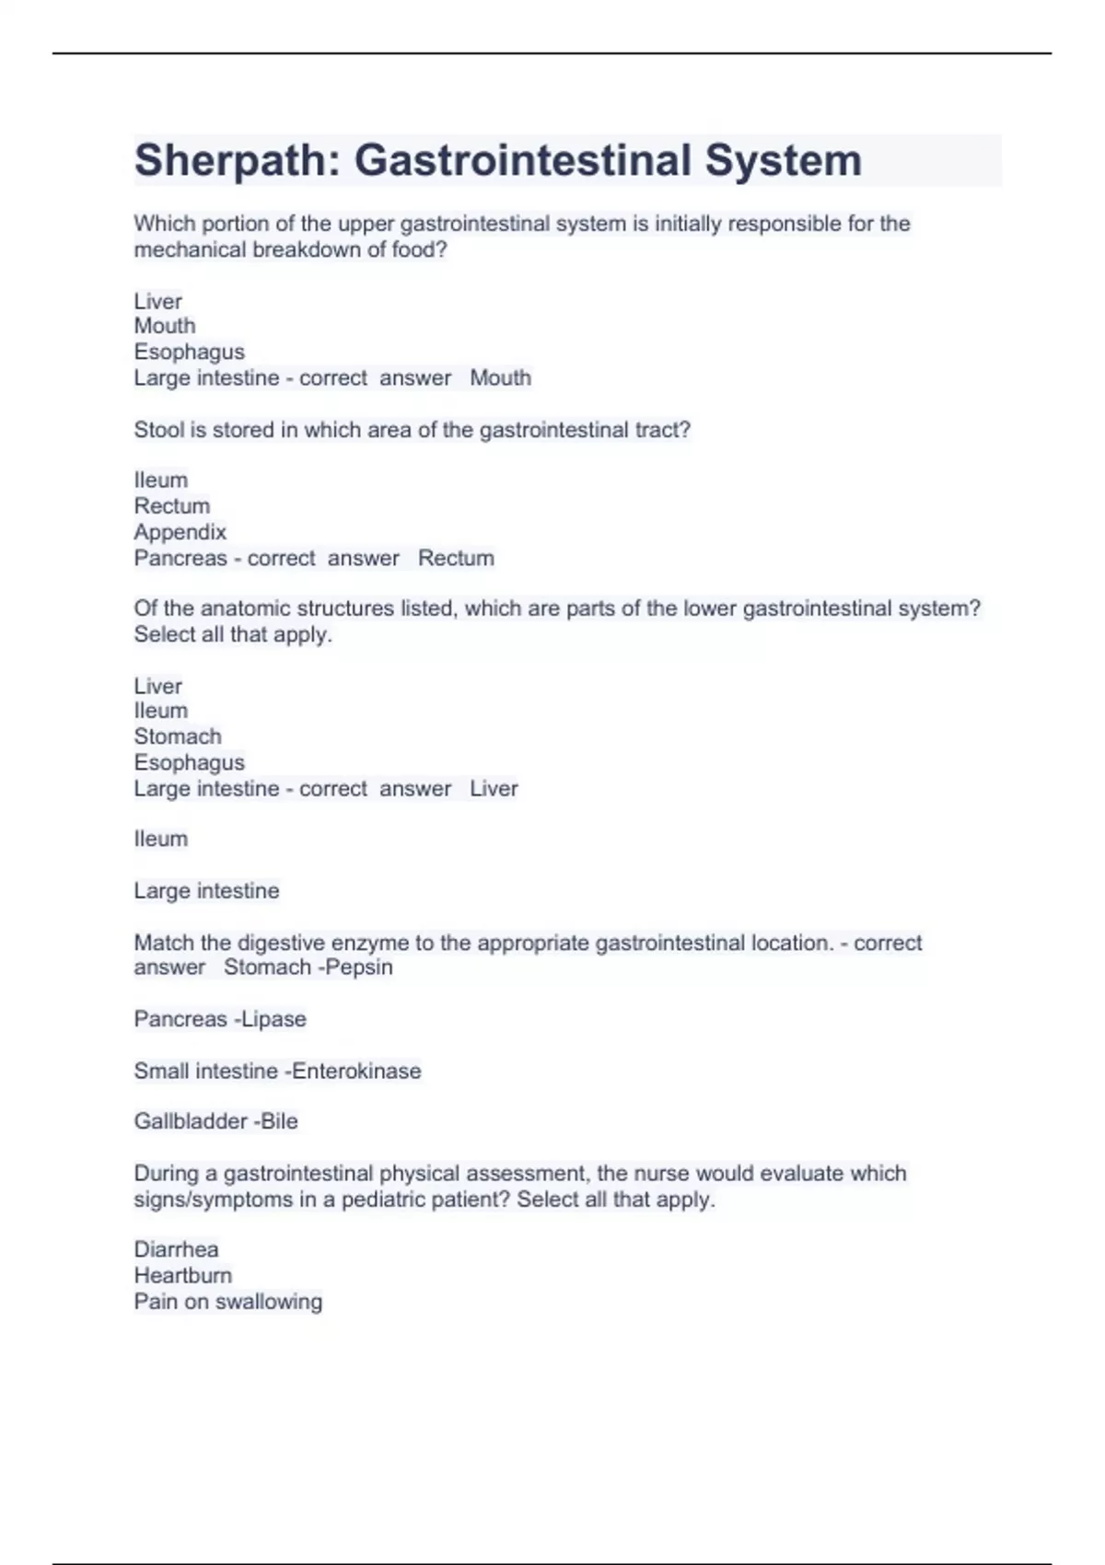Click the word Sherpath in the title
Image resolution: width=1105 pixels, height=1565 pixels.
point(237,161)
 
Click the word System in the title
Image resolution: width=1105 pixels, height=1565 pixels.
point(784,161)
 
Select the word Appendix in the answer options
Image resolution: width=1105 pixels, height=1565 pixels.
point(180,532)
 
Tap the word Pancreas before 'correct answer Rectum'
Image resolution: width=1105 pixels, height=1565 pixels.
point(180,558)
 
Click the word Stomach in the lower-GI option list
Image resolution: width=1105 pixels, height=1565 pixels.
point(178,736)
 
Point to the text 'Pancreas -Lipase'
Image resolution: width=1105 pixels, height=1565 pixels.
point(220,1019)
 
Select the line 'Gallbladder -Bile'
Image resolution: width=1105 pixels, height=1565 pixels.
point(215,1121)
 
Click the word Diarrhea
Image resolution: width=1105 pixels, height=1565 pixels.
point(176,1249)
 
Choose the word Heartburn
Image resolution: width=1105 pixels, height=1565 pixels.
point(182,1275)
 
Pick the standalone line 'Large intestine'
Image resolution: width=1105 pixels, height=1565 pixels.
point(206,891)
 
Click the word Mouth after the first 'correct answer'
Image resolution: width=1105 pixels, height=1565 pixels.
point(500,378)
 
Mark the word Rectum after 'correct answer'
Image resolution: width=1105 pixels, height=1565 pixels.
point(456,558)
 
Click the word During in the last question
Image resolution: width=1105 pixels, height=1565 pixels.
point(163,1174)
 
